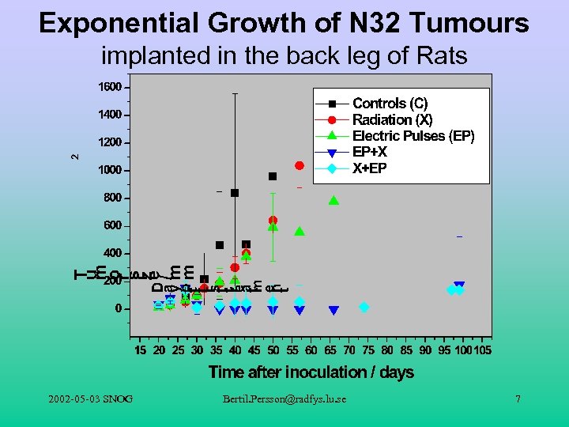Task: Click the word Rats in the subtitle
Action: click(x=441, y=56)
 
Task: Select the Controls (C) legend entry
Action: click(x=390, y=104)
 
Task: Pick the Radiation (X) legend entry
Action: click(x=392, y=119)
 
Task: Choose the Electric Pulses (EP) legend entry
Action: click(x=413, y=136)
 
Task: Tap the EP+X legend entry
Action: click(x=370, y=152)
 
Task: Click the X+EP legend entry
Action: click(x=370, y=168)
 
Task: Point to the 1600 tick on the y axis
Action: click(x=110, y=87)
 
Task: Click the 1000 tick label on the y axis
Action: click(x=110, y=170)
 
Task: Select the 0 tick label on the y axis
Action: click(x=118, y=308)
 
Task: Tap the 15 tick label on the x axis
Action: click(x=140, y=350)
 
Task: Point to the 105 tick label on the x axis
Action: click(x=481, y=350)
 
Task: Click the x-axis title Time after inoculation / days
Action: click(x=311, y=372)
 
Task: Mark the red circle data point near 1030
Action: click(x=300, y=165)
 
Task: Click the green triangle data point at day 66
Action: click(x=333, y=200)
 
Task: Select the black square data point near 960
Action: click(x=273, y=176)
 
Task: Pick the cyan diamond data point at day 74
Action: click(x=364, y=307)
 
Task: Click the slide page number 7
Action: click(x=518, y=399)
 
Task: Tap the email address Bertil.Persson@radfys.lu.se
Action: click(x=284, y=399)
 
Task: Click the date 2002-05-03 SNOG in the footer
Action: click(x=89, y=399)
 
